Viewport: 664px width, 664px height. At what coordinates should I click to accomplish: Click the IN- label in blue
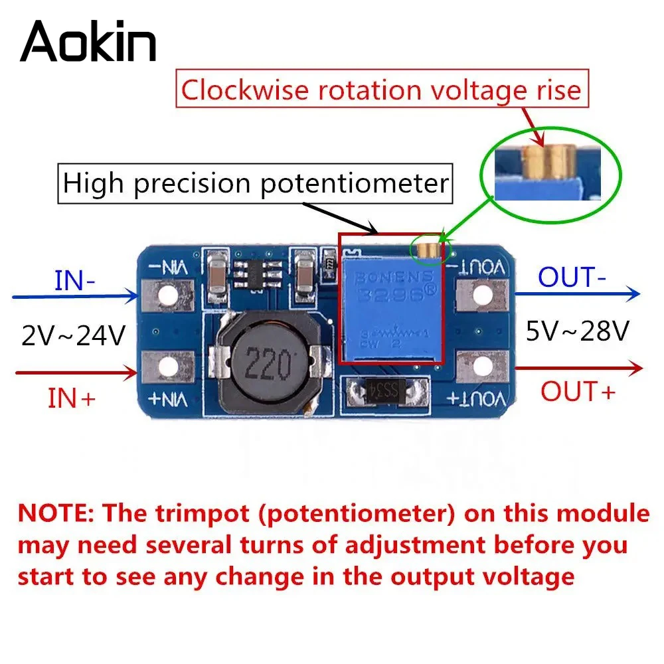(x=75, y=281)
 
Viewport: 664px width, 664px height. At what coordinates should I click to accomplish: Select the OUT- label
(x=572, y=278)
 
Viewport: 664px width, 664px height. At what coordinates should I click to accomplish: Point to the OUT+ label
(x=578, y=391)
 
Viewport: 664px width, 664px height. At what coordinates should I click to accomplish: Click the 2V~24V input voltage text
(x=73, y=337)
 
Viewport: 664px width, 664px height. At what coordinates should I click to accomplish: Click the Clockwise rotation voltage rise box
(x=381, y=90)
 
